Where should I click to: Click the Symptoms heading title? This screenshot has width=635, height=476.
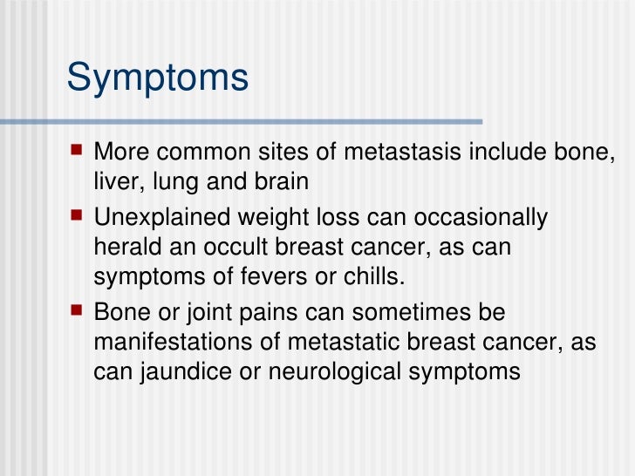(x=158, y=78)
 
